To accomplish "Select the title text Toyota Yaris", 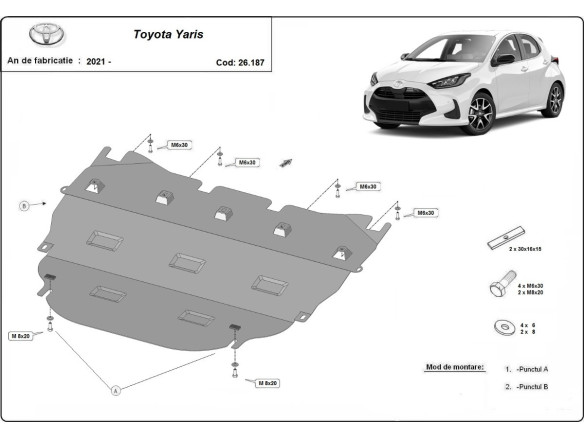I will pyautogui.click(x=168, y=32).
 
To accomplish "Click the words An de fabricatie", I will pyautogui.click(x=40, y=61).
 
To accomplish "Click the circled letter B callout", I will pyautogui.click(x=23, y=206).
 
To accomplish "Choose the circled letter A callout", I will pyautogui.click(x=116, y=389).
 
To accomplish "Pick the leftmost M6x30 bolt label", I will pyautogui.click(x=180, y=146).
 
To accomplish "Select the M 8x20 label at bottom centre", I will pyautogui.click(x=267, y=383).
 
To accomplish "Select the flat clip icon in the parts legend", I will pyautogui.click(x=500, y=243).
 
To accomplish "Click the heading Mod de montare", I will pyautogui.click(x=454, y=367).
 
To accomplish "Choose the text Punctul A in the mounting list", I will pyautogui.click(x=531, y=369).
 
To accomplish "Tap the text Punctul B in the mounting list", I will pyautogui.click(x=531, y=386).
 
